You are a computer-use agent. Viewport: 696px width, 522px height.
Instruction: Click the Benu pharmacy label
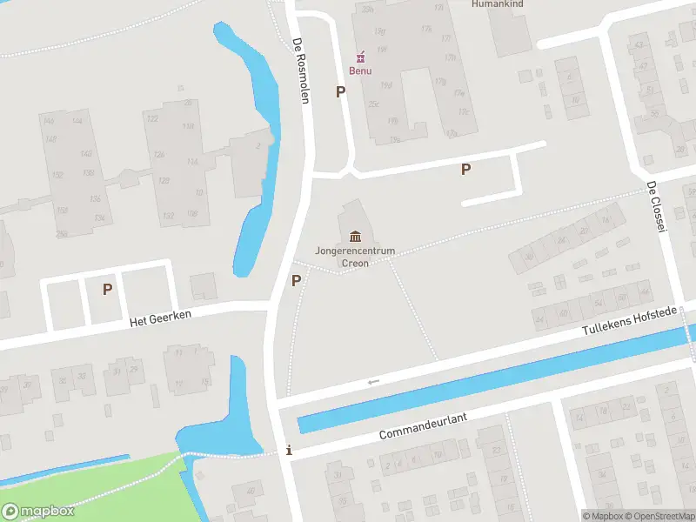point(360,70)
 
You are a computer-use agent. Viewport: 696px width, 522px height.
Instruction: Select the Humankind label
point(496,4)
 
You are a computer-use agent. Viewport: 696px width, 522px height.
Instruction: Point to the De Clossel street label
point(656,207)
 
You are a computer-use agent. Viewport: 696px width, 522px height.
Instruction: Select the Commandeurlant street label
point(423,427)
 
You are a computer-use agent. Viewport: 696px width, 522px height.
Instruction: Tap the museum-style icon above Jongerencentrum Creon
point(355,236)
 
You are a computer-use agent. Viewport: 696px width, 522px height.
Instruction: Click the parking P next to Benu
point(341,91)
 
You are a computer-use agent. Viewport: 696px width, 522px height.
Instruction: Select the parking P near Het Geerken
point(107,289)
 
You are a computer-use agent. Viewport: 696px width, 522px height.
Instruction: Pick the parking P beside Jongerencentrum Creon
point(296,280)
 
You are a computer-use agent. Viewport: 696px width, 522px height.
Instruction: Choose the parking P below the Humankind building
point(466,170)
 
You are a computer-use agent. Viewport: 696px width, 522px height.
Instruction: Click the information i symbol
point(290,451)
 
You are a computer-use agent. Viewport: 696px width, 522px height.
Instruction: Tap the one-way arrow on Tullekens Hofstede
point(374,382)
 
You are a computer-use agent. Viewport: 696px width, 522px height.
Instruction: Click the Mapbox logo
point(37,512)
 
